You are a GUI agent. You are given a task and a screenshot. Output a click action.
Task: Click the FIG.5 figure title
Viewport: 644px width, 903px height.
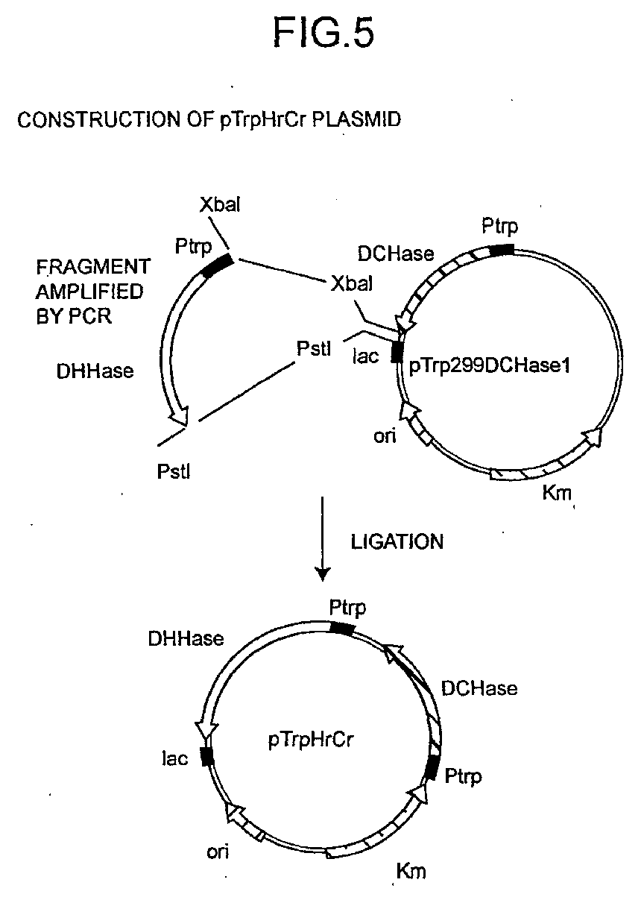[x=324, y=33]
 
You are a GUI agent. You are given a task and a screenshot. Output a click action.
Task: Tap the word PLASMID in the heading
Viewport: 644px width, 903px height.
[x=356, y=119]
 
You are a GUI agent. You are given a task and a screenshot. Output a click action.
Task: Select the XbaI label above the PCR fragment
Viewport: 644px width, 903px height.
[x=220, y=205]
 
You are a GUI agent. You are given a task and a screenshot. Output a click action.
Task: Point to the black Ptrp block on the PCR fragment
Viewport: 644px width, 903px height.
[x=217, y=265]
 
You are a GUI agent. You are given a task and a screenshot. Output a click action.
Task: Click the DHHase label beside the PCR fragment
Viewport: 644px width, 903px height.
[x=95, y=371]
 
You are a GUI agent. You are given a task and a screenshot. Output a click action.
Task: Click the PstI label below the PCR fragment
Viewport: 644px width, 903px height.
[x=173, y=472]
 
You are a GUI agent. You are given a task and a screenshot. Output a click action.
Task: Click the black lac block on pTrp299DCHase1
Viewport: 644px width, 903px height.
[x=397, y=352]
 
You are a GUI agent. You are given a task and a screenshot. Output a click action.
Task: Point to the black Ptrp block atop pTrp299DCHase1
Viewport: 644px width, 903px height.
[x=502, y=250]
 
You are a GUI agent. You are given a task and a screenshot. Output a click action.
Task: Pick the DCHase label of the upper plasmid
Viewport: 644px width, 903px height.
[x=396, y=254]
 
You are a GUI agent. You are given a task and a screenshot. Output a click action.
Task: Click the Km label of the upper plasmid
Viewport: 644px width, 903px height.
[x=557, y=492]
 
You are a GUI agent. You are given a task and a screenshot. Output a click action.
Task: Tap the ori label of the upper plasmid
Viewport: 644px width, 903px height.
[x=385, y=435]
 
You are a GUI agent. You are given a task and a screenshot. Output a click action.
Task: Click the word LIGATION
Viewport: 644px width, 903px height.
[x=397, y=542]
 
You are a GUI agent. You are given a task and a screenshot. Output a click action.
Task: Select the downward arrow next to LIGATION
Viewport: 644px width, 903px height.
[x=323, y=538]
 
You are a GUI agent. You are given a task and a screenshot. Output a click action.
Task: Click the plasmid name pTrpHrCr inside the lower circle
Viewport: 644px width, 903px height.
[x=311, y=740]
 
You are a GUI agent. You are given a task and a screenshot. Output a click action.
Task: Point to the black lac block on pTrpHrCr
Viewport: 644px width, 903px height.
[x=207, y=756]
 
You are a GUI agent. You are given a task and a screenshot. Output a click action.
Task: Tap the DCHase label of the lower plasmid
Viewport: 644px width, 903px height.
[x=479, y=688]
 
